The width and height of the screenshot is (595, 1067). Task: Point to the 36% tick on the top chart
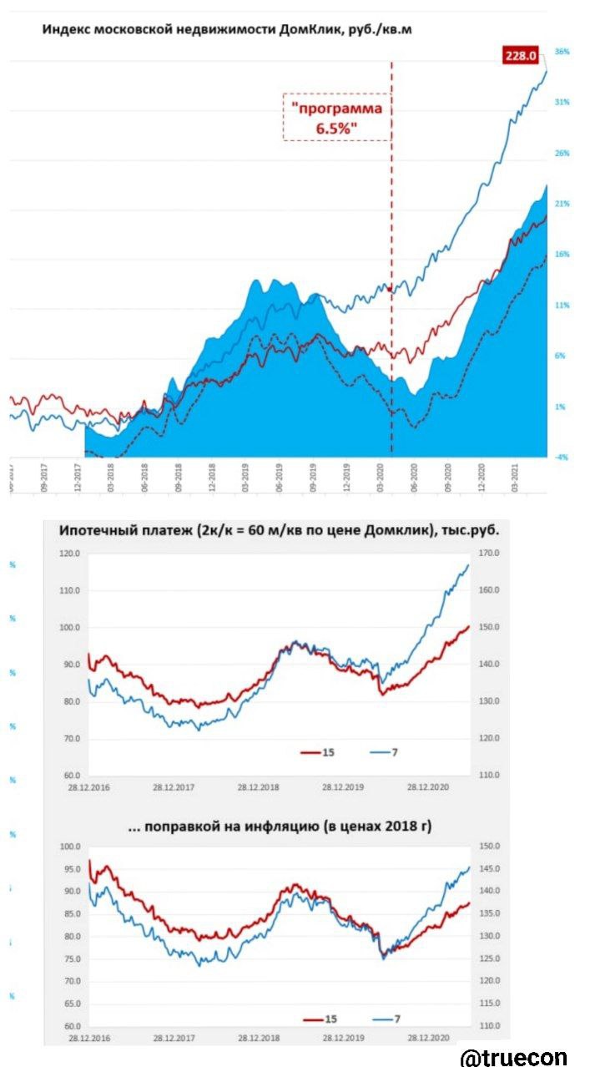pos(562,52)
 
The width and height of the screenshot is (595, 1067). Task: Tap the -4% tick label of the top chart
pos(562,458)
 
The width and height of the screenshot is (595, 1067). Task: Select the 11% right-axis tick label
pos(562,306)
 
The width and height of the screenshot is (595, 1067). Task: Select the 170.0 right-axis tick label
pos(487,554)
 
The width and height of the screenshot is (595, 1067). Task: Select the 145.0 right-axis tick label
pos(487,869)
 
